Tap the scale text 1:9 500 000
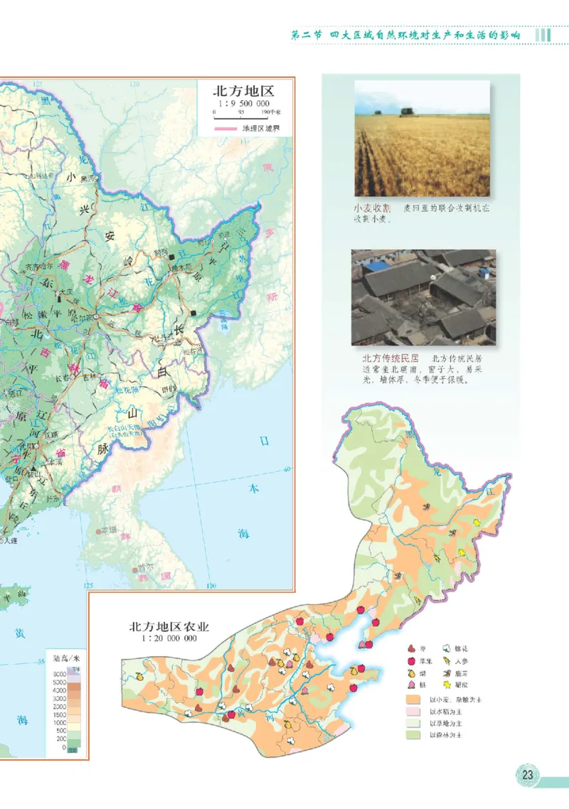point(243,103)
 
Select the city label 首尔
point(146,567)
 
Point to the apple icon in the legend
point(412,660)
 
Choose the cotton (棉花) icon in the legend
point(446,648)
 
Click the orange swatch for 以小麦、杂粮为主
point(410,700)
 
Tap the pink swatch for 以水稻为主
point(410,711)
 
